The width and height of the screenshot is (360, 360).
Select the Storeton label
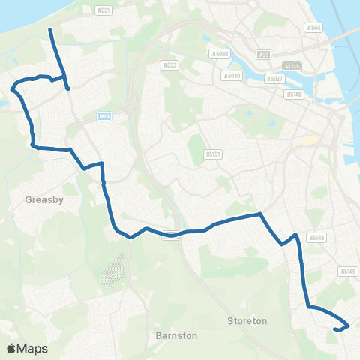point(247,320)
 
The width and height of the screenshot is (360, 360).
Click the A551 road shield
point(104,10)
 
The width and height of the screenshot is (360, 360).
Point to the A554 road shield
point(313,27)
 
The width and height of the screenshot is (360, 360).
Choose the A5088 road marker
point(220,54)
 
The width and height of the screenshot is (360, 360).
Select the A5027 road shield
point(275,78)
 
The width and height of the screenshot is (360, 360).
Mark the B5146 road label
point(293,94)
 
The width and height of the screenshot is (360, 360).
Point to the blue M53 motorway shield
point(104,116)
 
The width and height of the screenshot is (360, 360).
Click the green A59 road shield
point(263,55)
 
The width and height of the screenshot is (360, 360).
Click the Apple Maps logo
point(26,349)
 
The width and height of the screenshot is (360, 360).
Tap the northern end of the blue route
point(50,30)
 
